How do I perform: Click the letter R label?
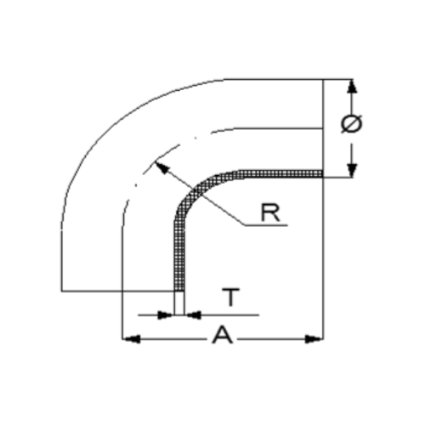point(270,212)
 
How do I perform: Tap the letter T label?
point(231,297)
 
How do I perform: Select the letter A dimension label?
point(223,335)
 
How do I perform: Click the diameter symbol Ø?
point(351,124)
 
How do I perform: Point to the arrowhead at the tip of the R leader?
point(161,167)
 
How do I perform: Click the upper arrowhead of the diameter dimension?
point(352,86)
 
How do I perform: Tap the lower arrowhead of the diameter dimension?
point(352,171)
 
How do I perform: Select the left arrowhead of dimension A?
point(131,339)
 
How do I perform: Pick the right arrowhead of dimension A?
point(314,339)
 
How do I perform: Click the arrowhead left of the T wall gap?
point(166,314)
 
